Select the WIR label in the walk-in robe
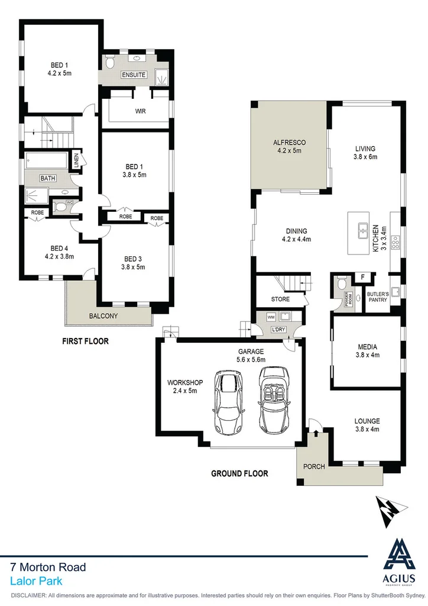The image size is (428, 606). pyautogui.click(x=140, y=111)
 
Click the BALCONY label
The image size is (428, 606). pyautogui.click(x=103, y=316)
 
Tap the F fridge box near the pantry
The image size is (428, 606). pyautogui.click(x=362, y=277)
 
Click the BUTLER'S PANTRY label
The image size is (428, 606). pyautogui.click(x=377, y=296)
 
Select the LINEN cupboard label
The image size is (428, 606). pyautogui.click(x=76, y=160)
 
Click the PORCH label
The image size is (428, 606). pyautogui.click(x=314, y=466)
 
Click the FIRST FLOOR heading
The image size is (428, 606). pyautogui.click(x=86, y=341)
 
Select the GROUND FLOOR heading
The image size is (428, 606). pyautogui.click(x=239, y=473)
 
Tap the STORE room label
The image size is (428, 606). pyautogui.click(x=280, y=299)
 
